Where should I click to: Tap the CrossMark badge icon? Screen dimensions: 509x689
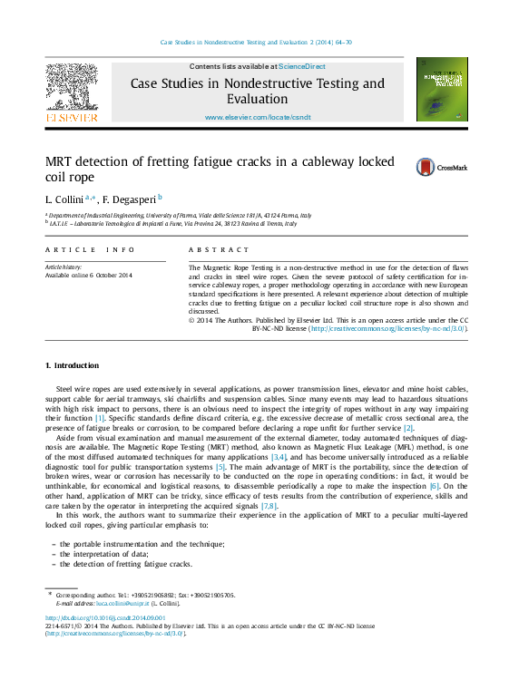(426, 167)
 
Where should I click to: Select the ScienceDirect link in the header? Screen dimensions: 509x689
(302, 66)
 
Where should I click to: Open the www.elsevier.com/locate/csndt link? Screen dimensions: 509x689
(258, 118)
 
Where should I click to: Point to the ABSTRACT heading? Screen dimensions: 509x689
(218, 249)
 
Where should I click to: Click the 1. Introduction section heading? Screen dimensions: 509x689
(72, 365)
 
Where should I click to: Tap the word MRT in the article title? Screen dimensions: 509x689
(64, 161)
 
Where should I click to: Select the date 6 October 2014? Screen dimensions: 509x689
(108, 275)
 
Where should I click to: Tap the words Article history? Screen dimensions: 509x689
(64, 267)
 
